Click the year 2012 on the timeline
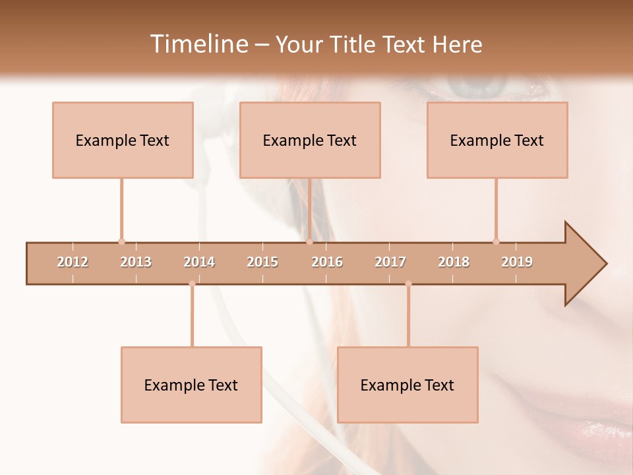coord(73,262)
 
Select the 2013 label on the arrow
coord(136,262)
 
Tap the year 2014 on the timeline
coord(199,262)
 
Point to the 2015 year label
coord(262,262)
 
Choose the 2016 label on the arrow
coord(327,262)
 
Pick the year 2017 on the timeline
coord(390,262)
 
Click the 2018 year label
coord(454,262)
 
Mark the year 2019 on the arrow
coord(517,262)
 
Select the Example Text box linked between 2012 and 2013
coord(123,140)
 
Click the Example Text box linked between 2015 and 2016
coord(310,140)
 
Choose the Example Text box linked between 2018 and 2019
coord(497,140)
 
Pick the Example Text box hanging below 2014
coord(191,385)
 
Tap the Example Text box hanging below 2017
coord(407,385)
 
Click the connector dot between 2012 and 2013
coord(121,241)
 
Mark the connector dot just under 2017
coord(408,284)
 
